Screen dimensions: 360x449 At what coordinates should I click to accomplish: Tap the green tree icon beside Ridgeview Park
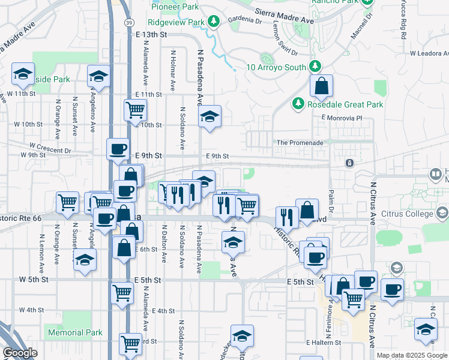point(214,22)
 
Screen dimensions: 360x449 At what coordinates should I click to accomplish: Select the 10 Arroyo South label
point(276,67)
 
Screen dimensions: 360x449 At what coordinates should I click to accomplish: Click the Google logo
point(20,353)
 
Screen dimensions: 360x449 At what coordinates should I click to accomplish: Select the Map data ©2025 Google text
point(411,355)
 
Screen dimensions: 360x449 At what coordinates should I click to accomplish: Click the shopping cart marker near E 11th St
point(136,109)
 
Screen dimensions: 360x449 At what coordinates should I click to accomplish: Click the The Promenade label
point(300,143)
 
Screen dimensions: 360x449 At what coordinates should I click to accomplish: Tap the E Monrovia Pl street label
point(342,118)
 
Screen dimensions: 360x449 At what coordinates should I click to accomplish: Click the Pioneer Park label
point(175,7)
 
